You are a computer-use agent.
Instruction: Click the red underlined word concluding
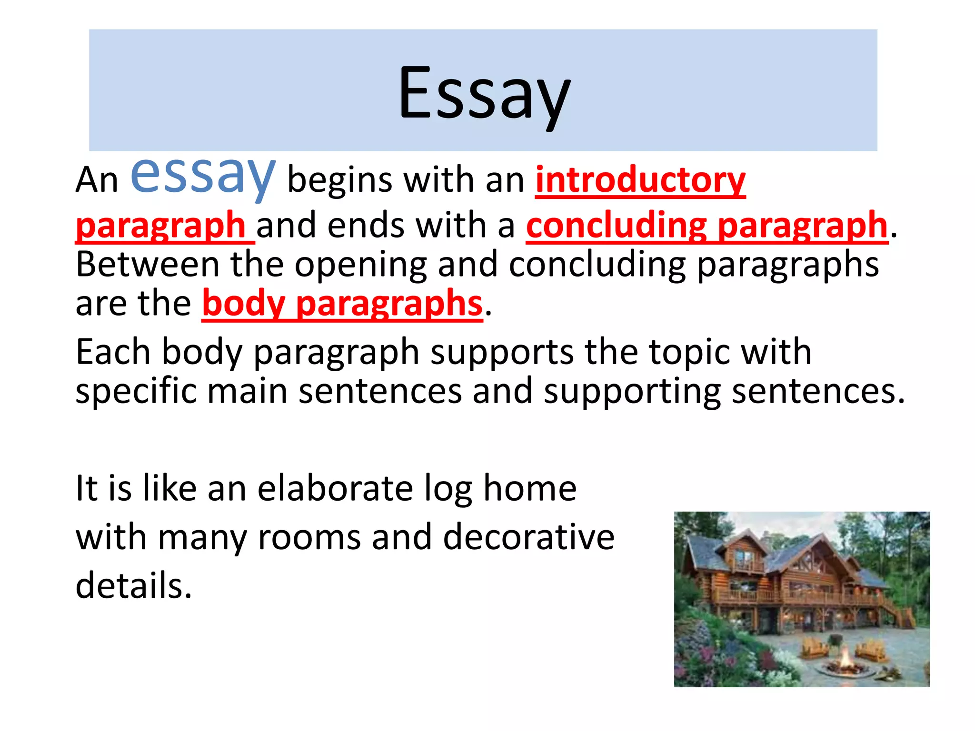[x=617, y=225]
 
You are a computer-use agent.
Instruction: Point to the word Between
[x=148, y=265]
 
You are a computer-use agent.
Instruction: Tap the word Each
[x=113, y=352]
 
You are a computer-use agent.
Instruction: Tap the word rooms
[x=309, y=537]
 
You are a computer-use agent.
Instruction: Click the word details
[x=133, y=586]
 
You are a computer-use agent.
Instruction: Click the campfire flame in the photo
[x=846, y=659]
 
